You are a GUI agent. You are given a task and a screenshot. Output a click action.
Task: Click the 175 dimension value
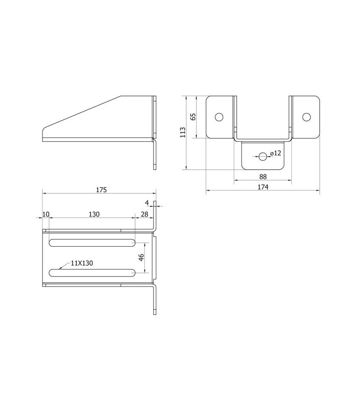click(100, 190)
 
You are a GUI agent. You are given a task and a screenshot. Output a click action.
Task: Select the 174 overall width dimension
click(263, 187)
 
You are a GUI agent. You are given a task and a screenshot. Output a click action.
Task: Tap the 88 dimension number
click(263, 176)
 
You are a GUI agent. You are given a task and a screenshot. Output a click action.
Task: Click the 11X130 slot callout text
click(82, 263)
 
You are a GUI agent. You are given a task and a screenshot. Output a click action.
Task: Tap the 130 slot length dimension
click(94, 214)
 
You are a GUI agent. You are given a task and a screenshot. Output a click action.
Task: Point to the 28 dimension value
click(144, 214)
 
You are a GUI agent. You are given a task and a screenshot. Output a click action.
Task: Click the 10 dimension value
click(46, 214)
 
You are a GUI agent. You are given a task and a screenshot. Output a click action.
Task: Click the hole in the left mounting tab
click(219, 117)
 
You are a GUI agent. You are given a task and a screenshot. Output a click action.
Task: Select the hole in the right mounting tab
click(306, 117)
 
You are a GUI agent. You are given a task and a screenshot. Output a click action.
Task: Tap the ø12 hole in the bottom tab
click(263, 157)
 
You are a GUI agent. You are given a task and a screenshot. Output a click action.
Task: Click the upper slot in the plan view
click(92, 242)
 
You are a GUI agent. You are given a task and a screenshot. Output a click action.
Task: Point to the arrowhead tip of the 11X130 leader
click(60, 269)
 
